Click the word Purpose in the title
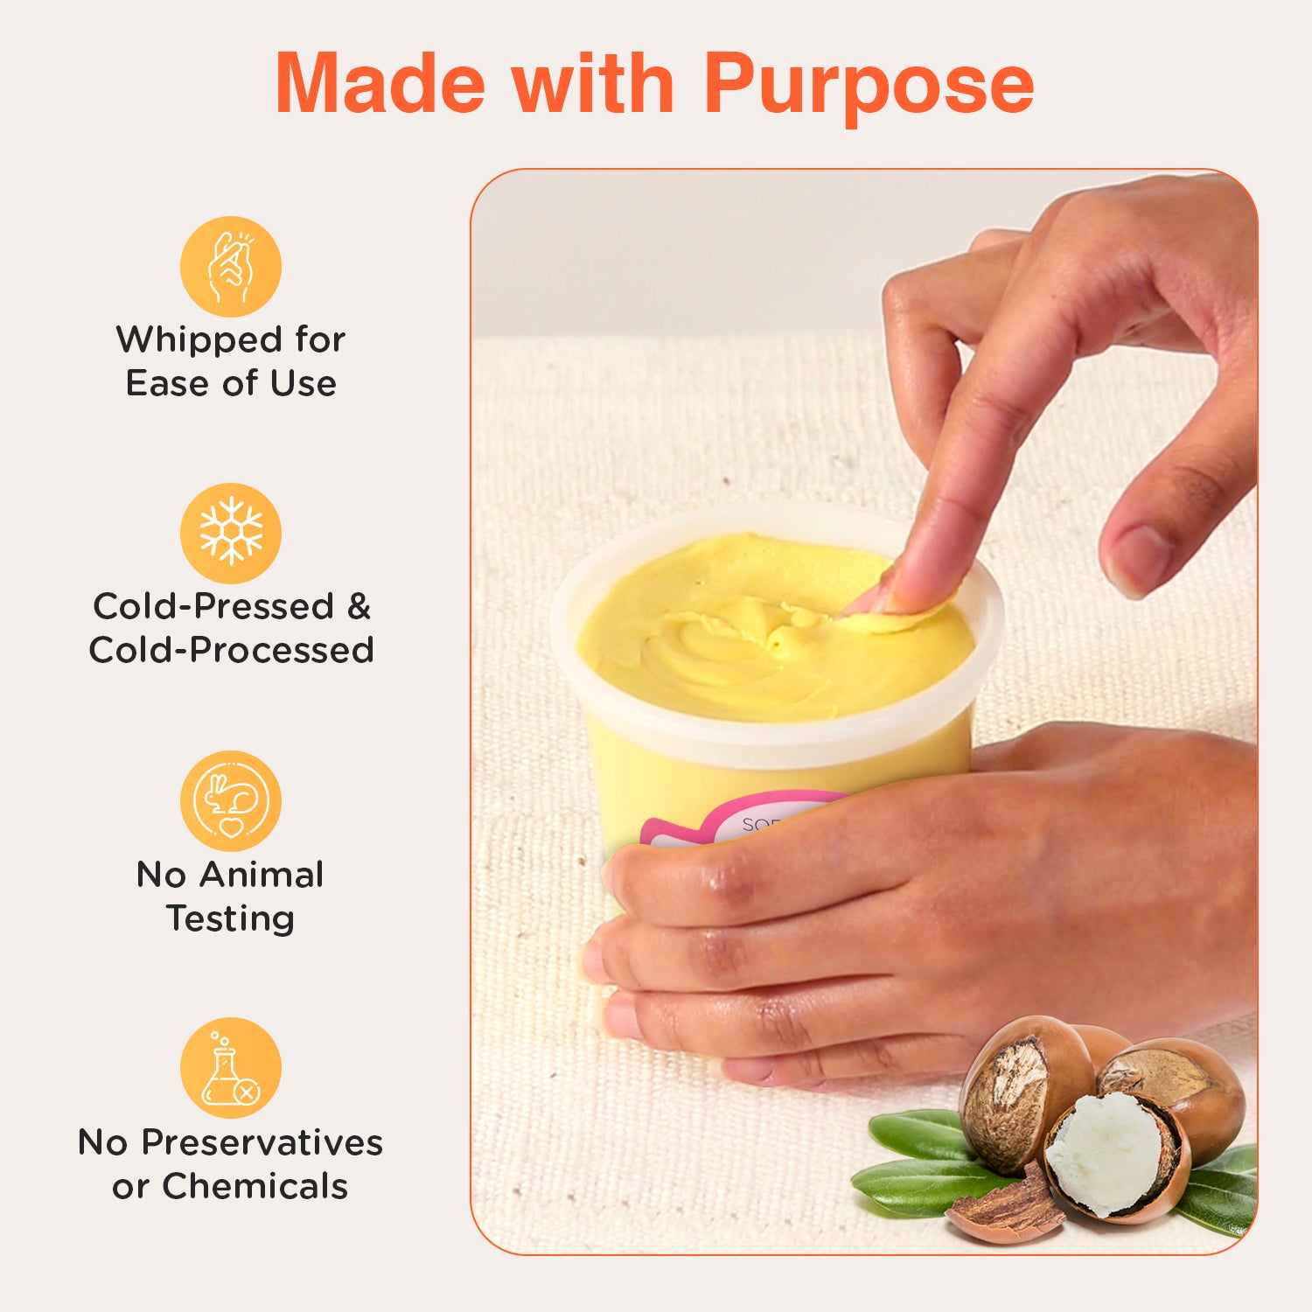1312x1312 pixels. (x=869, y=85)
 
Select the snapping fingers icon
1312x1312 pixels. (x=231, y=266)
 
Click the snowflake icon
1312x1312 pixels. (x=231, y=533)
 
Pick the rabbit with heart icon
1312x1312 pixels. (x=231, y=800)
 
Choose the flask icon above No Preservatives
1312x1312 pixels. (x=231, y=1068)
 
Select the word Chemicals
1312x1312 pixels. (x=255, y=1186)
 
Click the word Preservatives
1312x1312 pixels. (x=262, y=1142)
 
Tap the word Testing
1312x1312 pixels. (x=231, y=918)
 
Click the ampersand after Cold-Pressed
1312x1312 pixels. (x=359, y=606)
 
